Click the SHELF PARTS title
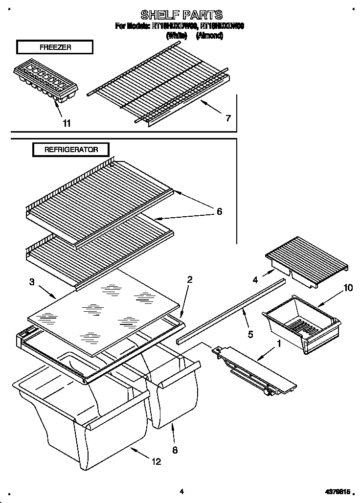[181, 14]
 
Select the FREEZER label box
[54, 47]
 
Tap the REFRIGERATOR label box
[71, 149]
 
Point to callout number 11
[67, 123]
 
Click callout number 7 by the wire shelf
[228, 118]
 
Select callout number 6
[219, 211]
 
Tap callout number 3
[32, 281]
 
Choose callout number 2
[190, 280]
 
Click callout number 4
[255, 280]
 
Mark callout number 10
[348, 288]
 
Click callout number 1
[279, 344]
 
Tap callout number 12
[157, 461]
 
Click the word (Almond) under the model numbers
[209, 35]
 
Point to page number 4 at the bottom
[181, 491]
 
